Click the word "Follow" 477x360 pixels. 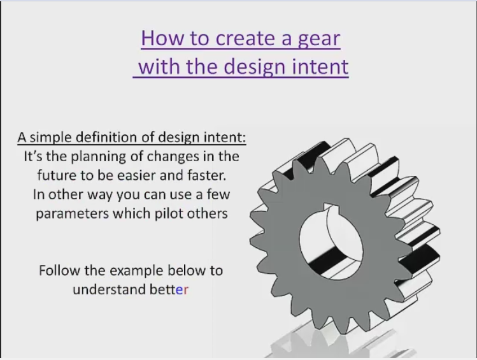tap(59, 270)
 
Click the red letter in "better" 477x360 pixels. tap(187, 290)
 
